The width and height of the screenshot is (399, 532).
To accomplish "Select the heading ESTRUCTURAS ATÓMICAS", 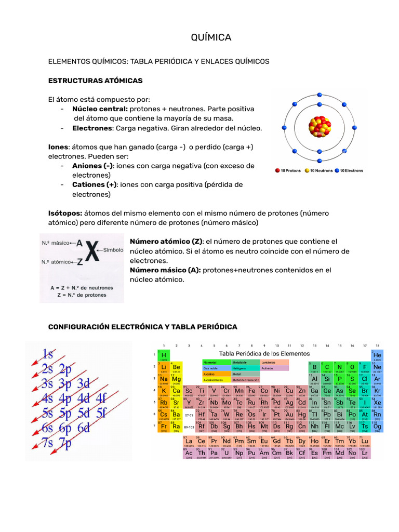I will click(x=95, y=81).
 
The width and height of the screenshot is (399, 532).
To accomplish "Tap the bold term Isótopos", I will click(x=65, y=213).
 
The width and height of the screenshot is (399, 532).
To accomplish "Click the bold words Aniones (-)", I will click(x=92, y=166).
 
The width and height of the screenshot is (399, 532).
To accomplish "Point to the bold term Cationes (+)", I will click(x=95, y=184).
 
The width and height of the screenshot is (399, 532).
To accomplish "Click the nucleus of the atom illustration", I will click(x=320, y=125).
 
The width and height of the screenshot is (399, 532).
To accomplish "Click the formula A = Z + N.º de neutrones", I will click(x=82, y=287).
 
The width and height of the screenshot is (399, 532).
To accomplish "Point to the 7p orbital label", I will click(x=65, y=443).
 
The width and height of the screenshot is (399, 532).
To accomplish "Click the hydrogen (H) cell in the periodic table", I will click(x=164, y=356).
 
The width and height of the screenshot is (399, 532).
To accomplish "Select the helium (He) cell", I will click(x=377, y=356).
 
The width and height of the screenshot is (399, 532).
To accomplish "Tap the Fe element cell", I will click(x=251, y=391).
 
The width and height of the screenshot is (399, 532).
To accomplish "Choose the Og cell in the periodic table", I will click(x=377, y=427).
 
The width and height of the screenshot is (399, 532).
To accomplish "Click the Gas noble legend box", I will click(x=216, y=368).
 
